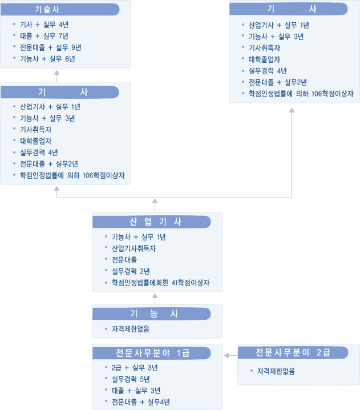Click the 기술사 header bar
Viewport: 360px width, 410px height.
(x=60, y=9)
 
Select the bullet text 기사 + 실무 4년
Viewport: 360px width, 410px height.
(x=44, y=25)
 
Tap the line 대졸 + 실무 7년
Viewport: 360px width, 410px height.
(x=44, y=36)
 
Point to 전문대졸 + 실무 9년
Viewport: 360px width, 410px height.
(x=50, y=47)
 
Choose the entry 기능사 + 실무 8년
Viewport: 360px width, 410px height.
(x=47, y=59)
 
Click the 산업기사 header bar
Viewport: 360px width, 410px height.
(x=152, y=222)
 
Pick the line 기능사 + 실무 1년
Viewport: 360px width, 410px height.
(x=139, y=237)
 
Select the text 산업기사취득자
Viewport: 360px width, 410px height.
(x=134, y=248)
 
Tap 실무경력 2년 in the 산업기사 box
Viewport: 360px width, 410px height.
(x=131, y=271)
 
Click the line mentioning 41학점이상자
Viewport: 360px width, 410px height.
(x=161, y=283)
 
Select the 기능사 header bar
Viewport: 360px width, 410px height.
(x=152, y=313)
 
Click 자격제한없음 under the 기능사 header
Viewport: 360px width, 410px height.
(x=131, y=329)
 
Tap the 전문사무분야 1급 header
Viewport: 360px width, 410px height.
(x=152, y=353)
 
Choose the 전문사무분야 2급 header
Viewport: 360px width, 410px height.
(x=293, y=353)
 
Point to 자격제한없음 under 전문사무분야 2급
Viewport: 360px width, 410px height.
(x=276, y=371)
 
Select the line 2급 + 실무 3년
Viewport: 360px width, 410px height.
(x=135, y=368)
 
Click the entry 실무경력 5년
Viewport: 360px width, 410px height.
(x=131, y=379)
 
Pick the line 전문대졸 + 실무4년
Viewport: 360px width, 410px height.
(x=141, y=402)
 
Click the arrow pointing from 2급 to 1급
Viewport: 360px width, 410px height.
(x=231, y=355)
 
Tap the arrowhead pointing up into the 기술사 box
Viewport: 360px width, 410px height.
(x=56, y=73)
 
